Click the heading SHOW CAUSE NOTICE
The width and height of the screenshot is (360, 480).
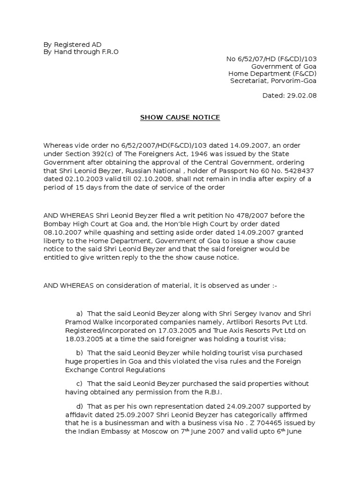pos(180,117)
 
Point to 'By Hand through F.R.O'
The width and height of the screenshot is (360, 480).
pos(81,52)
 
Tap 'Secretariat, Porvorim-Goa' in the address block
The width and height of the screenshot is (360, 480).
pos(273,81)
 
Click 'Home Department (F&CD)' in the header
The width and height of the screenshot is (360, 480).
pos(272,74)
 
